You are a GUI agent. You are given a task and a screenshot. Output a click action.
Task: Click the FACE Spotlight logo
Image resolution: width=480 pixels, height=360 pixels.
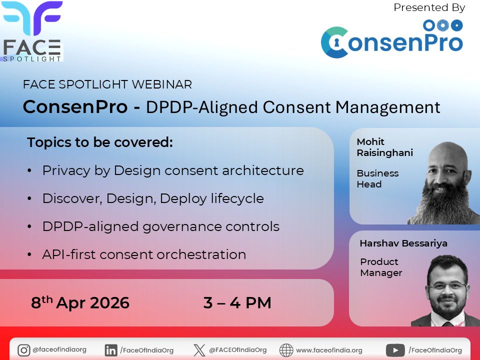32,31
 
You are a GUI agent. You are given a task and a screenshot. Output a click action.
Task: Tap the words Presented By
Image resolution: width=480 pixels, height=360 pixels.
429,7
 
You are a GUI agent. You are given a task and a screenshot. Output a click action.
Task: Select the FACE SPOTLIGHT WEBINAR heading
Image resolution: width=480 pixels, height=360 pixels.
107,84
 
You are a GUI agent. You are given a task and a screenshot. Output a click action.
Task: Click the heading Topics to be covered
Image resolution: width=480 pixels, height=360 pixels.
100,142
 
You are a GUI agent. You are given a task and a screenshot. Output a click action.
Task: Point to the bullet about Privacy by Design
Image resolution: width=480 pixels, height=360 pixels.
172,170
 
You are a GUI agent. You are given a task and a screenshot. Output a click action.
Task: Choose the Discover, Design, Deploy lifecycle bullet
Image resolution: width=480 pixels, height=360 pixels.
152,198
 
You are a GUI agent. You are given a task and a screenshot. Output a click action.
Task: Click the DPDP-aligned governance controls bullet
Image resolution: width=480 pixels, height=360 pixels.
160,226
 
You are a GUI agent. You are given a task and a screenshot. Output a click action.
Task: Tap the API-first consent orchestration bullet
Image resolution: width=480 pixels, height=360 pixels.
144,254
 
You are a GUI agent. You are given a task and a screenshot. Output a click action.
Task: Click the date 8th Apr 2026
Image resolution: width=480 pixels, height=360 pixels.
80,303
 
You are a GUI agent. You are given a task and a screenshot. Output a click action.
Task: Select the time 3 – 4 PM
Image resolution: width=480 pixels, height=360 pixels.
237,303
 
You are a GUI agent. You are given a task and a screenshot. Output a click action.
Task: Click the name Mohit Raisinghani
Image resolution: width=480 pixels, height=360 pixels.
384,147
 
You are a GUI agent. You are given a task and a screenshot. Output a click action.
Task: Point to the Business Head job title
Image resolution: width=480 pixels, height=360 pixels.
377,178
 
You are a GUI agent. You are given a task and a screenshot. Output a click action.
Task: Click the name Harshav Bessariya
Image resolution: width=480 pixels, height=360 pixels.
403,243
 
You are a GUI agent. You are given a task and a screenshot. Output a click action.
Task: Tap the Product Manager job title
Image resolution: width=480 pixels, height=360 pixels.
381,267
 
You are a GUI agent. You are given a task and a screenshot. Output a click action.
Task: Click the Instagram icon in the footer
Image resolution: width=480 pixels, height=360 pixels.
23,350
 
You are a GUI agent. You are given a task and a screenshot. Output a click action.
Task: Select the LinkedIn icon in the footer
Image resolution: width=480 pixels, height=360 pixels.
111,350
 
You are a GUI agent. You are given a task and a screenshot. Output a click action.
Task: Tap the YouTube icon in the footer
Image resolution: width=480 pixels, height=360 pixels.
396,350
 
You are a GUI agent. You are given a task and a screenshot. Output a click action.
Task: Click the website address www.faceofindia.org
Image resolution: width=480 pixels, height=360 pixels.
329,350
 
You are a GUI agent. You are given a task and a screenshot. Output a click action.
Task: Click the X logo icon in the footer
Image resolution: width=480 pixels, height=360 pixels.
199,350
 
